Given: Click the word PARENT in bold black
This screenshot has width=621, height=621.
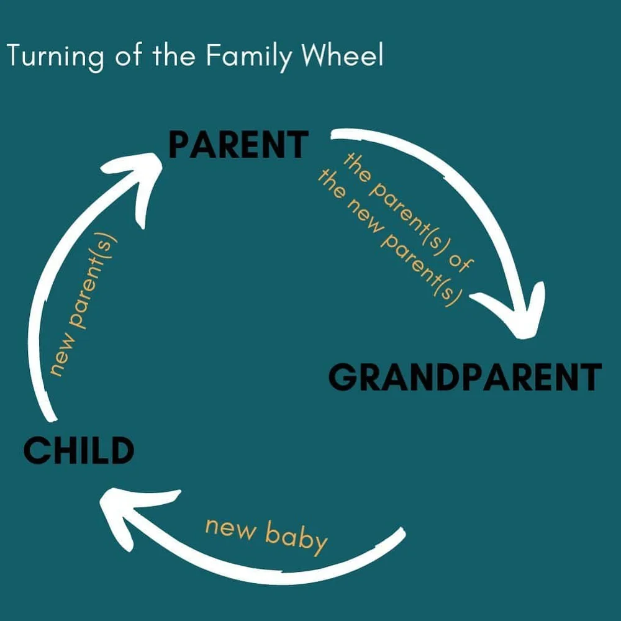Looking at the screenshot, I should [238, 144].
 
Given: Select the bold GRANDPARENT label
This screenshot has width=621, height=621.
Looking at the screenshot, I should [465, 376].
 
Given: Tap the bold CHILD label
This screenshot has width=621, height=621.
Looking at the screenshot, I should [79, 450].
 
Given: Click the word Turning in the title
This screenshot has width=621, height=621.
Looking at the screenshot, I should [55, 57].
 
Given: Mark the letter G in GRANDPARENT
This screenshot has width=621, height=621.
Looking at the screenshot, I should [343, 376].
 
